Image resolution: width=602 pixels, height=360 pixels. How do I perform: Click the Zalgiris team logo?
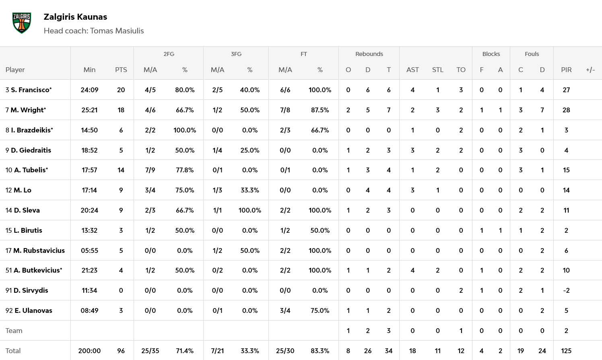click(x=22, y=23)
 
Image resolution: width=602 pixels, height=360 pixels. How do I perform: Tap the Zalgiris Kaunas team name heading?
click(x=75, y=17)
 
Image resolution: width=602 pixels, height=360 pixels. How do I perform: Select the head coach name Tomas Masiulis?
click(x=117, y=31)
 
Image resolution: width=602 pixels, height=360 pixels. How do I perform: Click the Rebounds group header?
click(x=369, y=54)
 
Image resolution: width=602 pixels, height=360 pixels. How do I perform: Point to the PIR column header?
click(x=566, y=70)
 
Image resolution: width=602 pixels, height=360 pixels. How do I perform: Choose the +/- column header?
click(x=590, y=70)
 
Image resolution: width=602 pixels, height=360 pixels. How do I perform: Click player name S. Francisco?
click(x=31, y=90)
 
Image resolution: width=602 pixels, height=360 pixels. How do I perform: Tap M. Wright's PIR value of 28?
click(x=566, y=110)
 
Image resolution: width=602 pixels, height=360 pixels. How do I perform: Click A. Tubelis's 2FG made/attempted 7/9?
click(x=150, y=170)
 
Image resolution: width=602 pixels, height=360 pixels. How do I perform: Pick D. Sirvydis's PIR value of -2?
click(x=566, y=290)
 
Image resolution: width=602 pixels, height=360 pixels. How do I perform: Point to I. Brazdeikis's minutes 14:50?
click(x=89, y=130)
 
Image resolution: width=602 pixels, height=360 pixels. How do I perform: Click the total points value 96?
click(x=121, y=351)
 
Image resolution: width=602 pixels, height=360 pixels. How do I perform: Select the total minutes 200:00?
click(x=89, y=351)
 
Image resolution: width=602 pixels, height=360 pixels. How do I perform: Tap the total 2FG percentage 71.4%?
click(x=185, y=351)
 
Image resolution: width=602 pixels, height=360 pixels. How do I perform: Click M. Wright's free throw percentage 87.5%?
click(x=320, y=110)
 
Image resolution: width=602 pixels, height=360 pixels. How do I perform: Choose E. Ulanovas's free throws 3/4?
click(x=285, y=310)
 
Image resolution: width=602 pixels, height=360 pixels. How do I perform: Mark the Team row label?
click(x=14, y=331)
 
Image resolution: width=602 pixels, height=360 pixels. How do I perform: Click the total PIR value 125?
click(x=566, y=351)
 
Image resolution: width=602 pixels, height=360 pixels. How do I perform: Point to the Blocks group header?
click(x=491, y=54)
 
